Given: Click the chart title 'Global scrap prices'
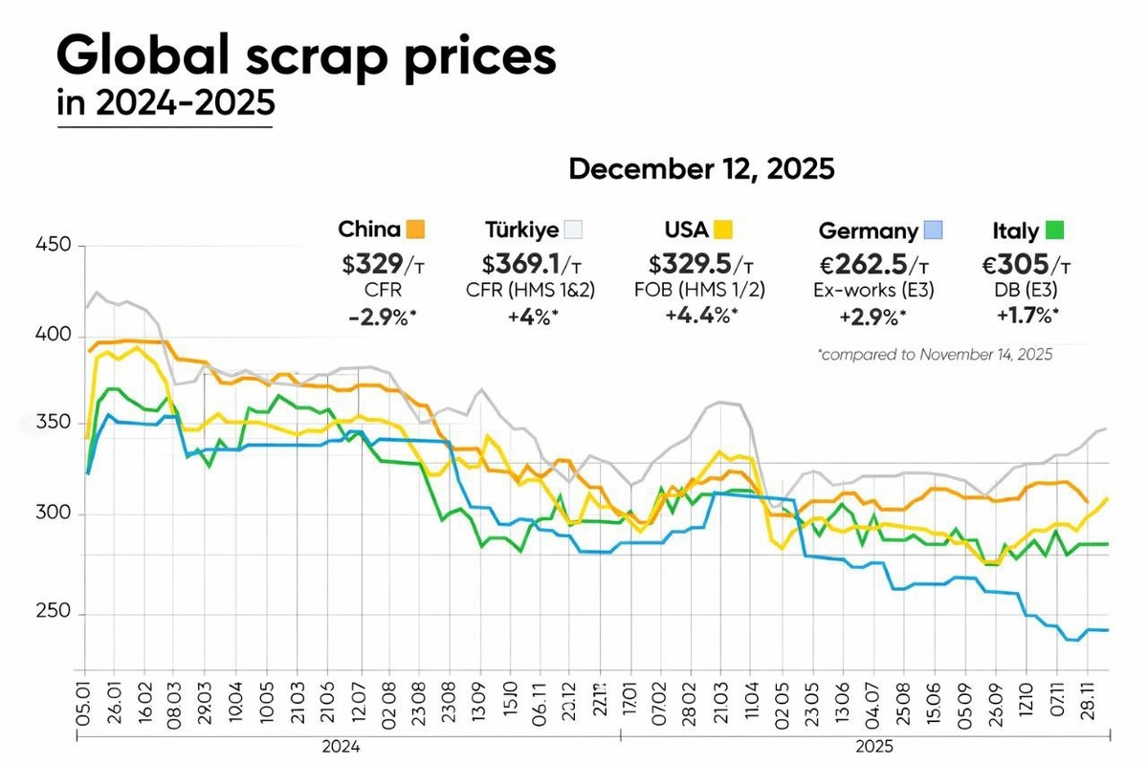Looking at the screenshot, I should point(306,57).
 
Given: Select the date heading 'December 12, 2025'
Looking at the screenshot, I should point(701,169).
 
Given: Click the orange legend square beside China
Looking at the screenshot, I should point(415,229).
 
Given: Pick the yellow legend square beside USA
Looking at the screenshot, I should point(723,229).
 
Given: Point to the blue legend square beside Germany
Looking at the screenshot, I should point(935,230).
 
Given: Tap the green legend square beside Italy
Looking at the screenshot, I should point(1055,230).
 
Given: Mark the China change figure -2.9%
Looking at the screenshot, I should point(381,317).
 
